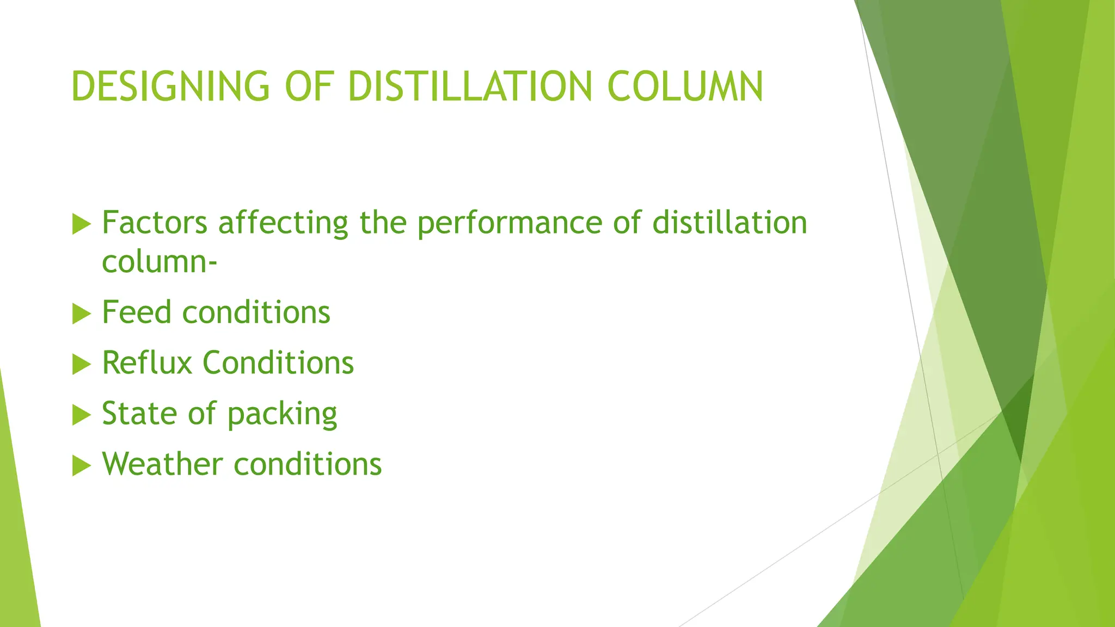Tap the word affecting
point(283,224)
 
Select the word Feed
point(137,312)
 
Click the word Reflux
point(147,363)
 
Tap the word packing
point(282,415)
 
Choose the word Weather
point(162,464)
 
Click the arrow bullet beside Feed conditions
point(81,314)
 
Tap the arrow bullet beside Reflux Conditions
point(81,365)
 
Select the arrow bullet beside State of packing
point(81,415)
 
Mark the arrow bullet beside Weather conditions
point(81,466)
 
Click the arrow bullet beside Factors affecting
point(81,224)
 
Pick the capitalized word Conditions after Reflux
point(278,363)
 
